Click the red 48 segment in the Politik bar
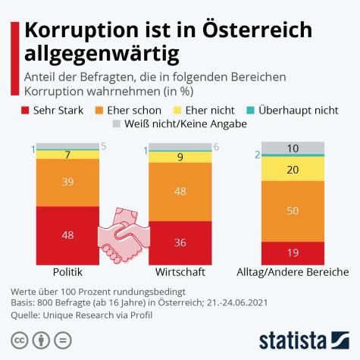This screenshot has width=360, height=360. click(x=67, y=235)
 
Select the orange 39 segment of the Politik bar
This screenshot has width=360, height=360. click(x=67, y=183)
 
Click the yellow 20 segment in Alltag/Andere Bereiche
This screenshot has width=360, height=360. click(x=293, y=171)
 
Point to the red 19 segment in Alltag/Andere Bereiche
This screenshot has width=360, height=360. click(x=293, y=252)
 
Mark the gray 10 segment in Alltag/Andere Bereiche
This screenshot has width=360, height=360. click(x=293, y=148)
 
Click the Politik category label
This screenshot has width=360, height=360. click(x=67, y=271)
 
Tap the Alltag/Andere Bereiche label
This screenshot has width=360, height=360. click(x=293, y=271)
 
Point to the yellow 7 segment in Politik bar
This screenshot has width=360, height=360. click(x=67, y=155)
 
